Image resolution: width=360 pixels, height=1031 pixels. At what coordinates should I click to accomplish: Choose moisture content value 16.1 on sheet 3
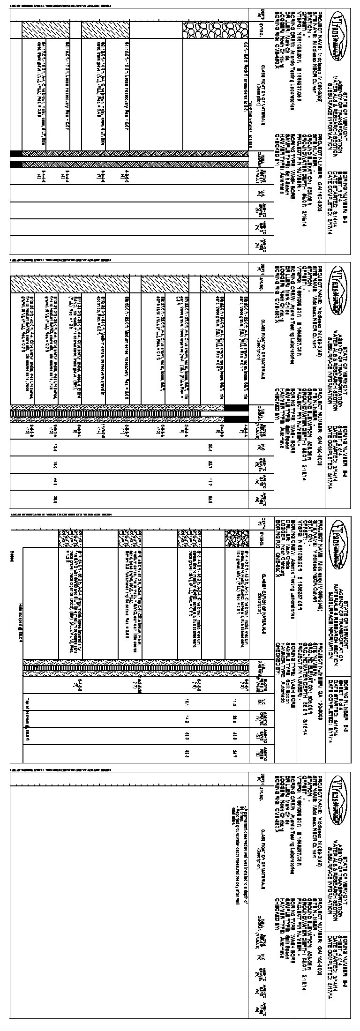tap(187, 702)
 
